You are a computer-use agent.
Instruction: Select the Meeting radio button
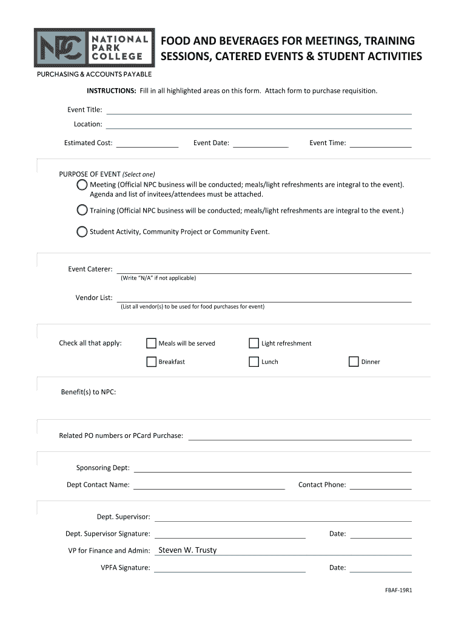(82, 185)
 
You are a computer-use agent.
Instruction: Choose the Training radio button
(82, 210)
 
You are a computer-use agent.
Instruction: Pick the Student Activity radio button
(82, 231)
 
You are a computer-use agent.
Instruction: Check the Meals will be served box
(151, 343)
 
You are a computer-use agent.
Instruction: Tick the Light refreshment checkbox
(254, 343)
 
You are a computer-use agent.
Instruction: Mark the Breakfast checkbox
(151, 362)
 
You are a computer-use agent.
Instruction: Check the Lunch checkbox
(254, 362)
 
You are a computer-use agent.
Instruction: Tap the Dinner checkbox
(354, 362)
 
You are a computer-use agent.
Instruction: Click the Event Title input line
(259, 109)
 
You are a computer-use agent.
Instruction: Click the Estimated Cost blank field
(147, 143)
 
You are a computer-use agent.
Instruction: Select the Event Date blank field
(261, 143)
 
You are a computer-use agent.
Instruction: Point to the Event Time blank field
(381, 143)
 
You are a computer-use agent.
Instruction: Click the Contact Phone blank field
(381, 485)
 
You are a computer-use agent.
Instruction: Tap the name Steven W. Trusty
(187, 550)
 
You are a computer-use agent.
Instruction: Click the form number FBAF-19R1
(398, 589)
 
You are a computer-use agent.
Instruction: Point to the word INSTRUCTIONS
(111, 91)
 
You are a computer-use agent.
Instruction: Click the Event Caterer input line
(264, 269)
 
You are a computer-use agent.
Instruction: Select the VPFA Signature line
(230, 568)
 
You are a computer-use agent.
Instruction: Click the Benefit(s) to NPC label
(89, 392)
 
